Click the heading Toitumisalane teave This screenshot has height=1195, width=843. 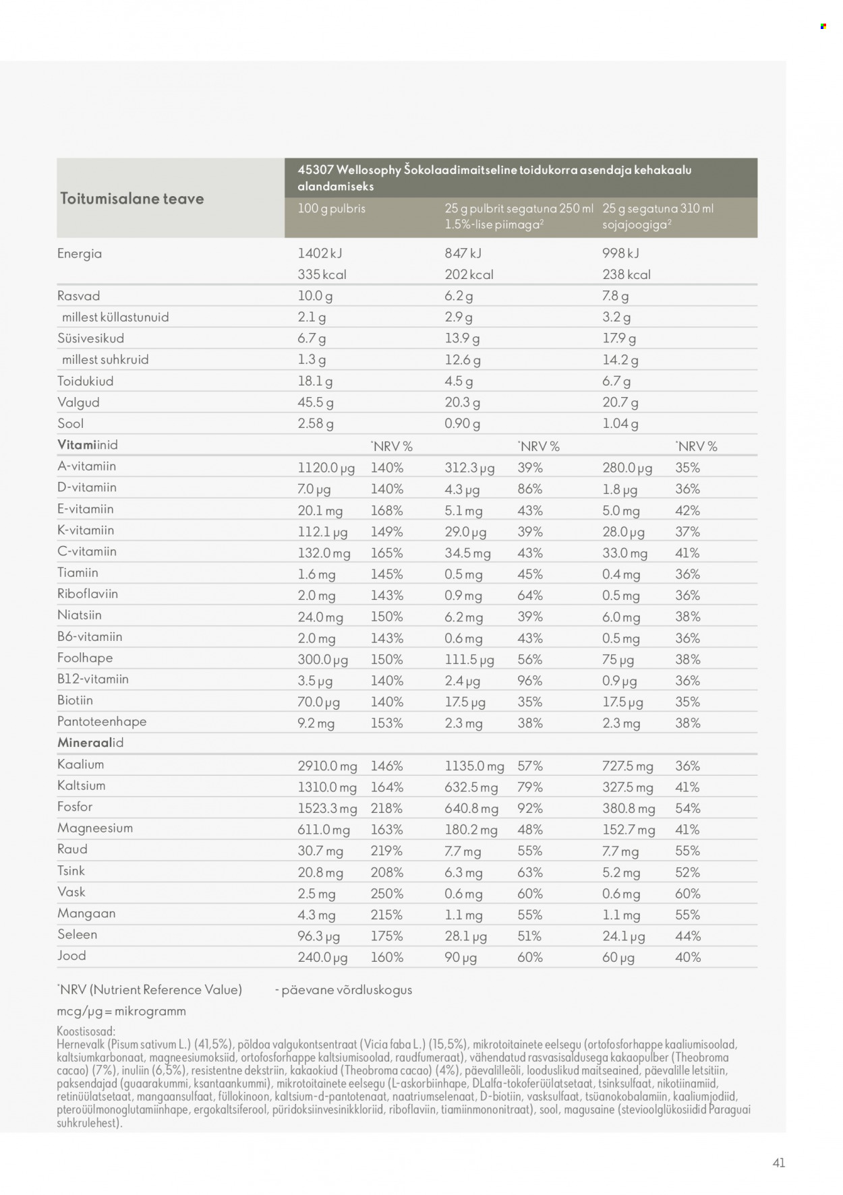point(132,199)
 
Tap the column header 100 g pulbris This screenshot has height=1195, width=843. point(331,209)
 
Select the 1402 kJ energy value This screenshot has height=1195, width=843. point(320,253)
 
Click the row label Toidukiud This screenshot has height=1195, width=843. point(85,381)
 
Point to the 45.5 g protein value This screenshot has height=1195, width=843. point(316,402)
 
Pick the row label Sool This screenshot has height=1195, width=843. point(70,423)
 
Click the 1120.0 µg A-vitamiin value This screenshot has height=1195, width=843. point(326,468)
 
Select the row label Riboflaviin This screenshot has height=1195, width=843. point(88,594)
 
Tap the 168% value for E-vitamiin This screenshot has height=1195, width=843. point(386,510)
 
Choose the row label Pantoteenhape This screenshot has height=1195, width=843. point(102,721)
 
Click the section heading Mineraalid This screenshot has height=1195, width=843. point(90,743)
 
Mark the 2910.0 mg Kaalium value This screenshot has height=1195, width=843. point(327,766)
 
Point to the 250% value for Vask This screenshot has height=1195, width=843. point(386,894)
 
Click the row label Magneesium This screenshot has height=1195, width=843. point(95,828)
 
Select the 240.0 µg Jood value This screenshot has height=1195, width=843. point(322,957)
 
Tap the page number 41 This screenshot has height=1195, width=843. point(778,1163)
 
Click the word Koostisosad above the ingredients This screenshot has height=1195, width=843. point(86,1031)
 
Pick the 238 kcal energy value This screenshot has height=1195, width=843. point(626,275)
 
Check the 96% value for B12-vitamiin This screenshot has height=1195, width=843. point(529,681)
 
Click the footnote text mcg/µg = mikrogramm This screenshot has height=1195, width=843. point(121,1011)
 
